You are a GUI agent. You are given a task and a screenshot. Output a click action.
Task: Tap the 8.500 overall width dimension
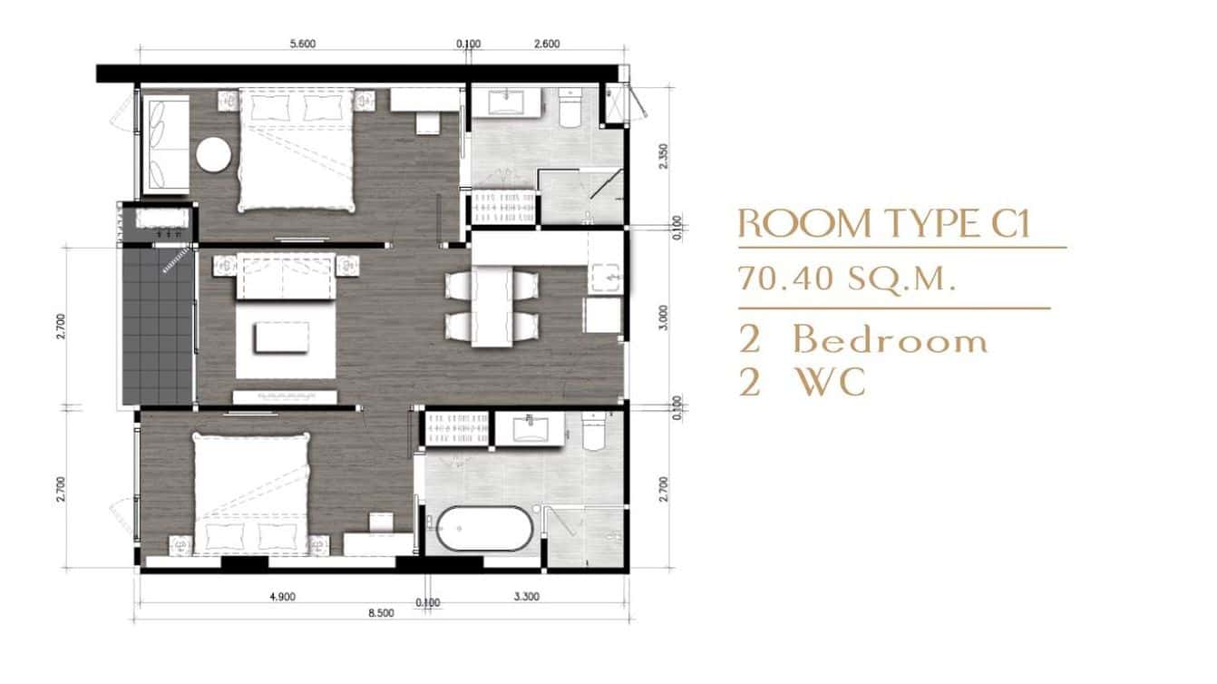381,613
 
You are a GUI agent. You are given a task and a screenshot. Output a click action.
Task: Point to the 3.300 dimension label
525,597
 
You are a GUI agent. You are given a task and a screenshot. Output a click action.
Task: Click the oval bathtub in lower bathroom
481,529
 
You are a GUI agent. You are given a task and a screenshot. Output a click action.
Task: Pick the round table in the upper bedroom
214,153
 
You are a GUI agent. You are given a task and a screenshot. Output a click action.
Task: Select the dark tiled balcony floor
159,327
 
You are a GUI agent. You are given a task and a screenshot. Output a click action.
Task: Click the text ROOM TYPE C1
884,224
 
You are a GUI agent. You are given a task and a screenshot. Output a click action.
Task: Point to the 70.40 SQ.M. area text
847,278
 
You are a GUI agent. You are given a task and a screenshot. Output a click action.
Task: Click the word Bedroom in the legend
890,340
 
